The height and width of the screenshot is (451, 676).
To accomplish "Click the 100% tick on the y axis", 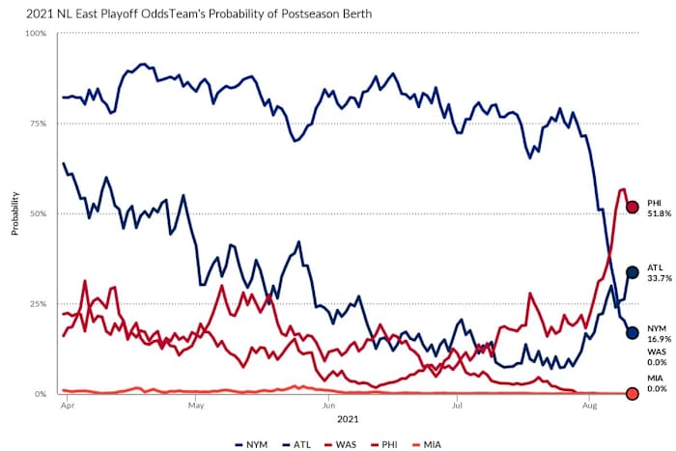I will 37,34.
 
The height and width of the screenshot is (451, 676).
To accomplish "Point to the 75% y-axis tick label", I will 39,124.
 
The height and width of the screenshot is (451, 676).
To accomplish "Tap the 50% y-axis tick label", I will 39,213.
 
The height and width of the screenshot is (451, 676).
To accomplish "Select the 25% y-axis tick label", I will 39,304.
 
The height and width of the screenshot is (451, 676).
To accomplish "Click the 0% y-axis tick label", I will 42,394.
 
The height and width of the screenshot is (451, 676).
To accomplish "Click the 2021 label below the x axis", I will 345,421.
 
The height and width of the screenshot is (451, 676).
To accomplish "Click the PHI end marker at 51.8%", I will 633,207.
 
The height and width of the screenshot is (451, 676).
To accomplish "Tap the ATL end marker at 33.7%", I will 633,272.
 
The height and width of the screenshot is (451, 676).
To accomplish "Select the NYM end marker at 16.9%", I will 633,332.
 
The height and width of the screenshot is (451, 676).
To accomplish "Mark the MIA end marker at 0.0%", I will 633,393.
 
